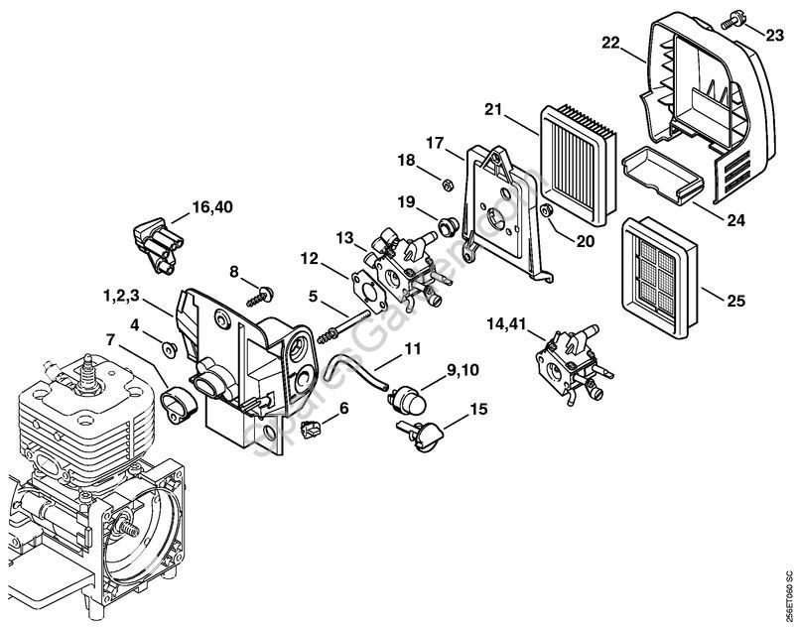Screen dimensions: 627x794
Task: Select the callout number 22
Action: (x=610, y=43)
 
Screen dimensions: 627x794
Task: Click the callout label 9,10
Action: (x=465, y=372)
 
